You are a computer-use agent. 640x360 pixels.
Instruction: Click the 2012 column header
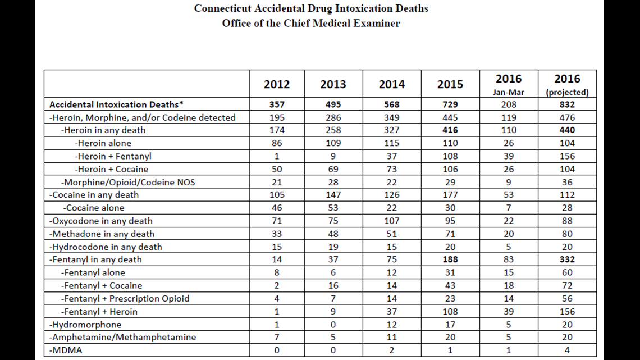coord(277,84)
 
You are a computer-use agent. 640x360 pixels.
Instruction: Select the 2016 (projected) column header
coord(568,84)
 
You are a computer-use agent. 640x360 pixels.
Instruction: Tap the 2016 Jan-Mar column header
coord(509,84)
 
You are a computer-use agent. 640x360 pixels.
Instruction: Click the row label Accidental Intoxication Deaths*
coord(116,104)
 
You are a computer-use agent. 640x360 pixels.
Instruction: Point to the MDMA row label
coord(66,350)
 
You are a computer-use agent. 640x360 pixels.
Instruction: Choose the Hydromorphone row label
coord(85,325)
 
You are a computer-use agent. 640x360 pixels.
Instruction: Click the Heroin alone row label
coord(103,143)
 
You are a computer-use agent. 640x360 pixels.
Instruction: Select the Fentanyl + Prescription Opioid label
coord(125,298)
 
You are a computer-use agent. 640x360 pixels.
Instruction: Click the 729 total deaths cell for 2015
coord(450,104)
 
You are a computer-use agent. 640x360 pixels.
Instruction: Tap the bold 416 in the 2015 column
coord(450,130)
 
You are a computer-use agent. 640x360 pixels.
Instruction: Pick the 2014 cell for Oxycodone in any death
coord(392,221)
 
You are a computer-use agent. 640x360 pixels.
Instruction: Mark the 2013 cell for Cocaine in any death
coord(333,195)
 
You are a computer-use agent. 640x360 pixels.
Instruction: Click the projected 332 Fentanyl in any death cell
coord(568,259)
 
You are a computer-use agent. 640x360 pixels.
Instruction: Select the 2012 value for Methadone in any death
coord(277,234)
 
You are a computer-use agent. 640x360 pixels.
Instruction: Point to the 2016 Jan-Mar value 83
coord(509,259)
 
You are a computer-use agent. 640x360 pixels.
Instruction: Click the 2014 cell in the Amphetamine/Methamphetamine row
coord(392,337)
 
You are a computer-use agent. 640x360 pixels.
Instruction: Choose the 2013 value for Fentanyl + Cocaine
coord(333,285)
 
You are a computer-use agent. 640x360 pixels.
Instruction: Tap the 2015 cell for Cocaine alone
coord(450,208)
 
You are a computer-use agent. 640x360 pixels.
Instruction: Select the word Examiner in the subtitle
coord(377,23)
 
